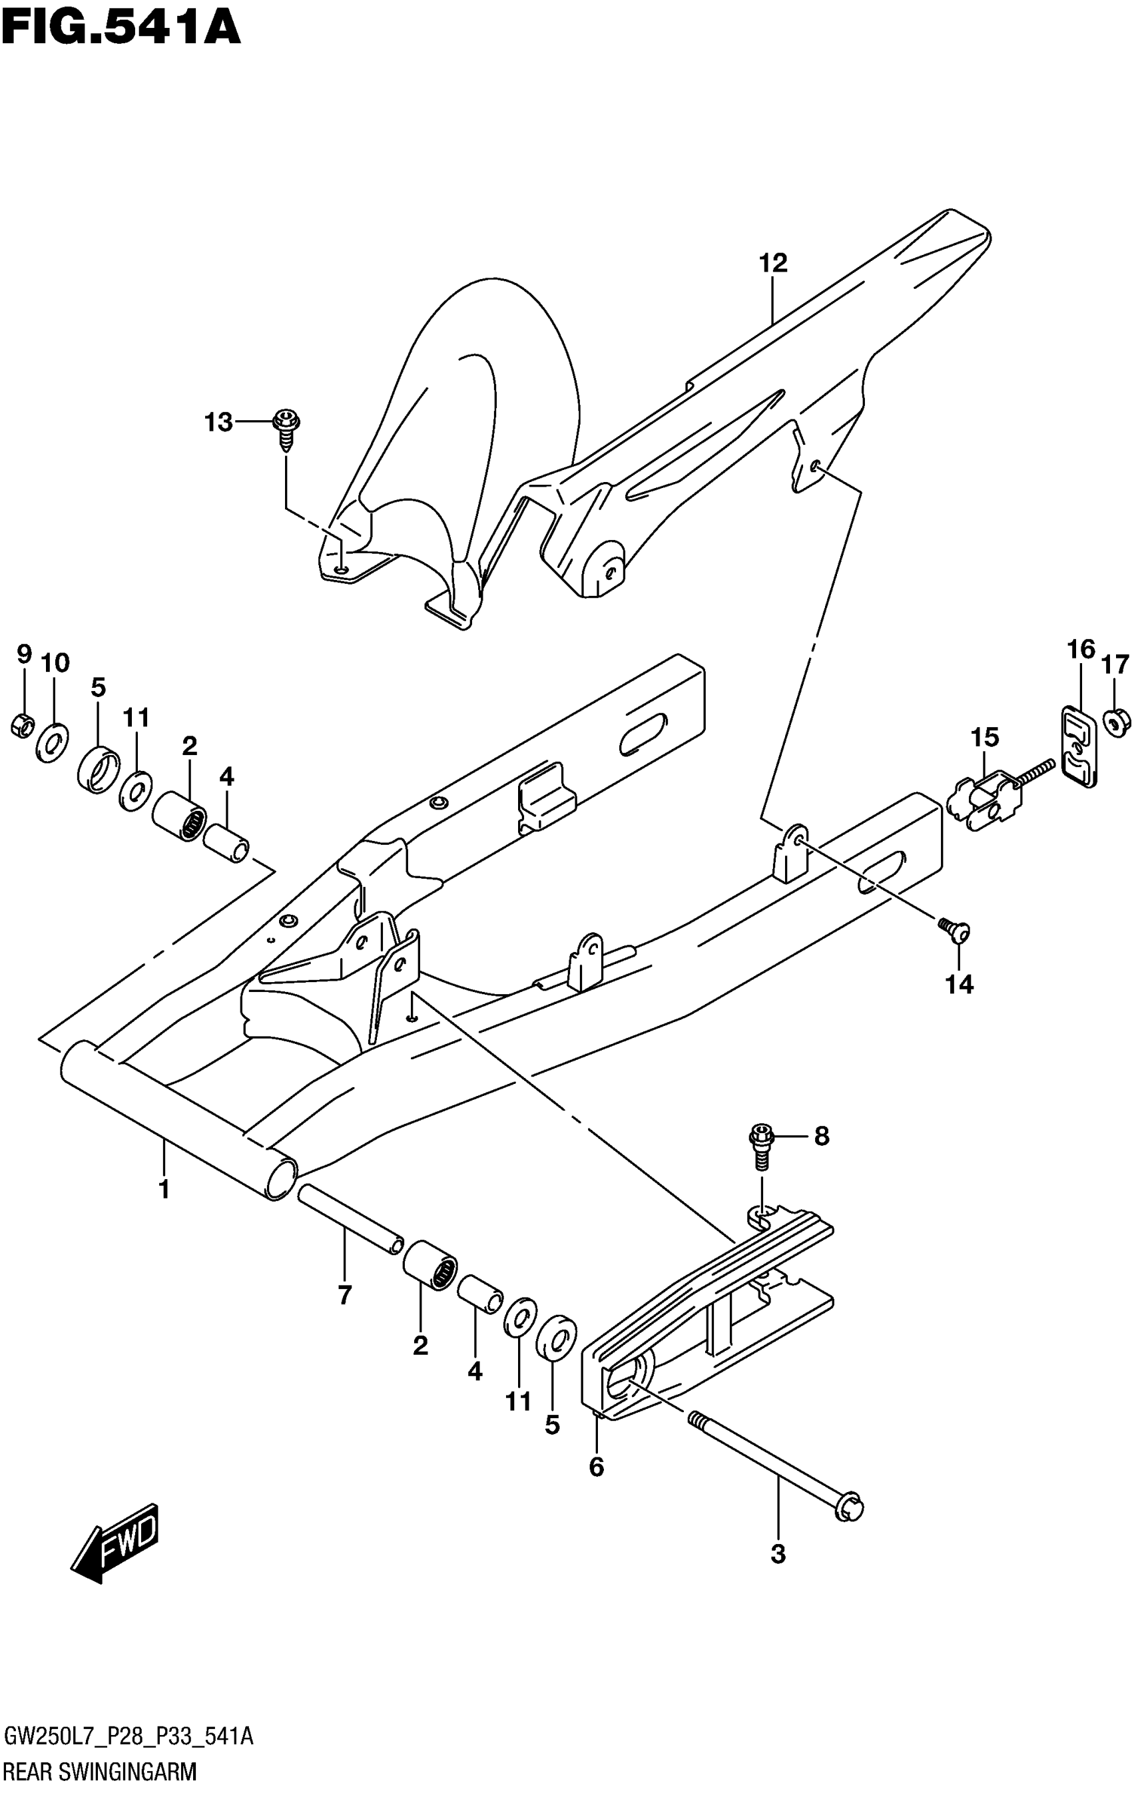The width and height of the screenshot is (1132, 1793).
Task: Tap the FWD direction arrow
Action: [115, 1541]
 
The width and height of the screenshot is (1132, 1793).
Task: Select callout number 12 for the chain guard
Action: [773, 263]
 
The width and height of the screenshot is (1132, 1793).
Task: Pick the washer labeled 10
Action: [51, 741]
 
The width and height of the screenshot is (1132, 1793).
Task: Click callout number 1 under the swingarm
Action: [164, 1189]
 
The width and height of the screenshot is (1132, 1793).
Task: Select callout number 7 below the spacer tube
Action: [344, 1296]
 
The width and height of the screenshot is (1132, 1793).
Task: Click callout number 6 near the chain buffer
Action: [596, 1467]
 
